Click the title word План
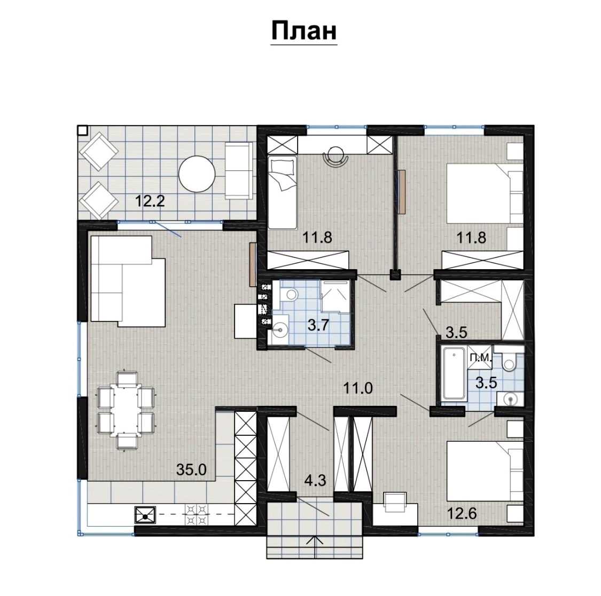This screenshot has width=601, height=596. point(304,30)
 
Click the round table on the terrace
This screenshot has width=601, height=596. point(197,175)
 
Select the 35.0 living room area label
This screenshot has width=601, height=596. point(191,469)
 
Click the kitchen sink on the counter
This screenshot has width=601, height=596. point(145,514)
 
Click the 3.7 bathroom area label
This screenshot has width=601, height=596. point(318,325)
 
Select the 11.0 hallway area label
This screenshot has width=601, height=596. point(357,389)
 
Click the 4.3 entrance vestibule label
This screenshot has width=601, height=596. point(315,480)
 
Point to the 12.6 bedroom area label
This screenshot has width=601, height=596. point(462,513)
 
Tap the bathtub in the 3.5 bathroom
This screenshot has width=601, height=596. point(454,373)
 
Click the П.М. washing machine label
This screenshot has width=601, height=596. point(480,358)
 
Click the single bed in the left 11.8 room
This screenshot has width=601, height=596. point(283,192)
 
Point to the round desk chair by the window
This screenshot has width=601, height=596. point(336,156)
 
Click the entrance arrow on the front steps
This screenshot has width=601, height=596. point(315,547)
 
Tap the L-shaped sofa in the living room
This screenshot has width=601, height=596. point(128,281)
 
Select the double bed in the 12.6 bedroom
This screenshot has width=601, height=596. point(485,471)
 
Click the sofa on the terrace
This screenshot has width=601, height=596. point(238,170)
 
